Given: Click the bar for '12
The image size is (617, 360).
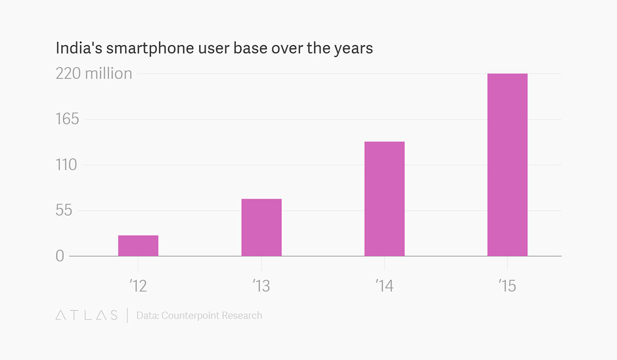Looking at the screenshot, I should coord(138,246).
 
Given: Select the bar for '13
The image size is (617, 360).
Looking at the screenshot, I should coord(261,227).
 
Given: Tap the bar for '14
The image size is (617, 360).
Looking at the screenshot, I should coord(384,199).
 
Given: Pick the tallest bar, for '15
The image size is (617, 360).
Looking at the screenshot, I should coord(507,165).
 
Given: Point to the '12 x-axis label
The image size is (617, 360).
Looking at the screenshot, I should coord(138,286).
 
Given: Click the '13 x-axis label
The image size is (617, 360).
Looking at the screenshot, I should coord(261,286).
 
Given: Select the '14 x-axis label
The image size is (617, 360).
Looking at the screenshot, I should coord(384,286).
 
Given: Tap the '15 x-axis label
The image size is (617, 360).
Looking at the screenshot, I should coord(507,286).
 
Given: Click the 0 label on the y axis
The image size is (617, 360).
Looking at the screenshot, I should coord(60,256).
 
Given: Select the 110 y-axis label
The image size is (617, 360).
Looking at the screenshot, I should coord(67,165).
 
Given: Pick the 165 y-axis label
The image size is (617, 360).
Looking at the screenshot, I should coord(67,119).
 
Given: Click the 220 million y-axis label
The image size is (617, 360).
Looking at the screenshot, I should coord(94,74).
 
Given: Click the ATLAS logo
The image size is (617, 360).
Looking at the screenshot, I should coord(86,315).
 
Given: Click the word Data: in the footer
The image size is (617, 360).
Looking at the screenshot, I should coord(147,315).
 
